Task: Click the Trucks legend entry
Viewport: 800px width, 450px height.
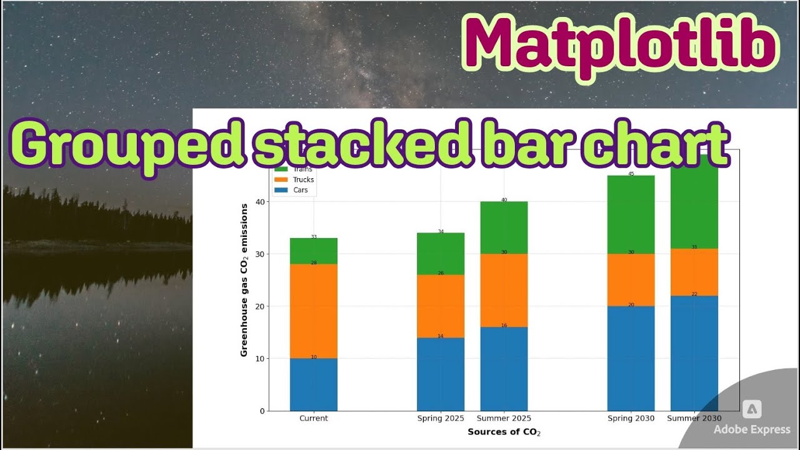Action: [x=303, y=180]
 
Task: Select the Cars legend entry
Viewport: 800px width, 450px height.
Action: [x=301, y=191]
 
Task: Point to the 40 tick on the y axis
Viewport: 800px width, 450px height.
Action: [x=261, y=202]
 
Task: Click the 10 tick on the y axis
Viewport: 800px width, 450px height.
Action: [x=261, y=359]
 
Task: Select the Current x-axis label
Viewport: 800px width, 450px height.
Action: [x=313, y=419]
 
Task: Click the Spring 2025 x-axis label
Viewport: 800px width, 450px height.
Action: [x=441, y=419]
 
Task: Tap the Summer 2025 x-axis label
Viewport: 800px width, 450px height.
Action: [x=504, y=419]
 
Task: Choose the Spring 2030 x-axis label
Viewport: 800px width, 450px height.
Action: [x=631, y=419]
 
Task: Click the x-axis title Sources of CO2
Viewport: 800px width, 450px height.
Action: [x=504, y=432]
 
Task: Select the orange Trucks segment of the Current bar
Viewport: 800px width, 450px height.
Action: [x=313, y=311]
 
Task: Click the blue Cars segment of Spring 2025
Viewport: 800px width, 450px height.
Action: [x=441, y=374]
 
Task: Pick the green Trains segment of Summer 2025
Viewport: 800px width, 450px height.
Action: [x=504, y=227]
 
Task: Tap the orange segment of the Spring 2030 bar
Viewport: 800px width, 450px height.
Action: [x=631, y=279]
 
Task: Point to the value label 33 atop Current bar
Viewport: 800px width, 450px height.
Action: [x=314, y=237]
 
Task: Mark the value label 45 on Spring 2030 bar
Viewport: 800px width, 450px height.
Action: [x=631, y=174]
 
